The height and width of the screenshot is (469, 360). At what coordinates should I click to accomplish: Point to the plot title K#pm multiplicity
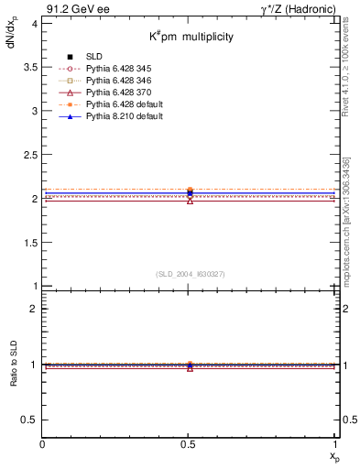[191, 37]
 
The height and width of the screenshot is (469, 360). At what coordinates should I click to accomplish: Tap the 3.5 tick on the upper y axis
[30, 67]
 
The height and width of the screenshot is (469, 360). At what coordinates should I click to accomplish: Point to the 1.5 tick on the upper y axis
[30, 243]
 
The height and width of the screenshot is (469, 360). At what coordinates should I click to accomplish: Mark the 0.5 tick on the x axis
[190, 444]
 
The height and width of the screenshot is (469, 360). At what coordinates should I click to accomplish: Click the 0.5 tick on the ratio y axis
[30, 420]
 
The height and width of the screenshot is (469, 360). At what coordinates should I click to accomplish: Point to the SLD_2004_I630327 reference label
[190, 274]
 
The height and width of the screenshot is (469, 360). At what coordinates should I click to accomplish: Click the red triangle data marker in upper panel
[190, 200]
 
